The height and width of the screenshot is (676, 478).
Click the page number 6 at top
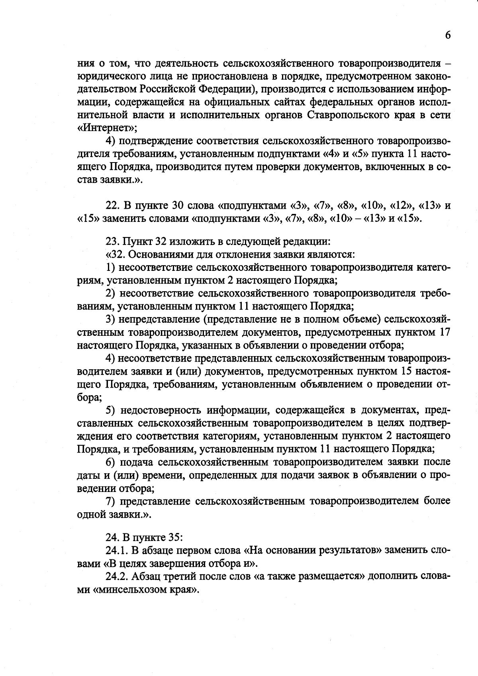tap(447, 35)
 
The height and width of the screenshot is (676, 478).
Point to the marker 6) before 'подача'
tap(110, 462)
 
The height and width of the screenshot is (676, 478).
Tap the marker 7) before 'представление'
tap(110, 501)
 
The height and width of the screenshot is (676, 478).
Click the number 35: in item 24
tap(175, 537)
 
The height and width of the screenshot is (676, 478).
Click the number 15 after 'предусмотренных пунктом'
tap(405, 371)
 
